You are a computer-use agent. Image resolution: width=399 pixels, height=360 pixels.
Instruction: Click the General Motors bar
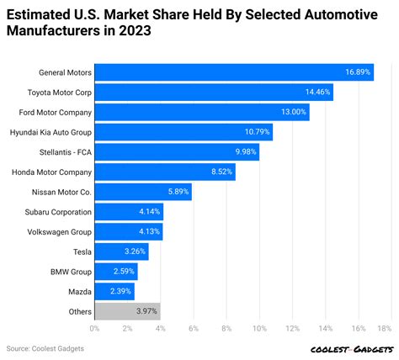click(233, 72)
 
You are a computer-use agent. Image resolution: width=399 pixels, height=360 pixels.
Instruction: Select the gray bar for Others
click(127, 311)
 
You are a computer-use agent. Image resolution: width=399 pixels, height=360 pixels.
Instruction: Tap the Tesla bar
click(121, 251)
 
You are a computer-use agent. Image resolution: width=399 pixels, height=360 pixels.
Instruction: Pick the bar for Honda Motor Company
click(164, 172)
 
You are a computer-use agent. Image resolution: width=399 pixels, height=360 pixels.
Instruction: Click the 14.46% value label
click(317, 93)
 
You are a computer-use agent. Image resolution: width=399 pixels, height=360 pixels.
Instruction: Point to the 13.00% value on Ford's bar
click(293, 113)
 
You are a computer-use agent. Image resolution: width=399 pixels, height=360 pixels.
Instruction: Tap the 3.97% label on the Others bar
click(145, 312)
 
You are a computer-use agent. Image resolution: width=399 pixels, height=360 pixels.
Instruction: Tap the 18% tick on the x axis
click(385, 329)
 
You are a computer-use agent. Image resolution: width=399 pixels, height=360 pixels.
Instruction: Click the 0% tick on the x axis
click(95, 329)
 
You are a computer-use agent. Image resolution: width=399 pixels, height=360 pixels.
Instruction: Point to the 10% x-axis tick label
click(259, 329)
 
